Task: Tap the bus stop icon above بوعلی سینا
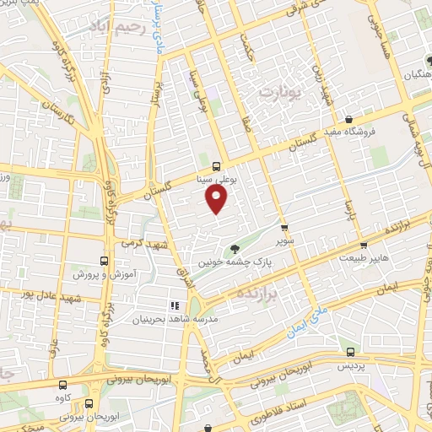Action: (217, 165)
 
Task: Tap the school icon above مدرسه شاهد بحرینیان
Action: (175, 305)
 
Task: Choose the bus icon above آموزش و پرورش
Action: (104, 262)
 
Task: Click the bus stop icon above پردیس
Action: (349, 353)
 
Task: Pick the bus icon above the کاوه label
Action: (88, 380)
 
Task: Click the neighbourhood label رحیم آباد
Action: (121, 27)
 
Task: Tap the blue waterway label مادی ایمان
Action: (306, 325)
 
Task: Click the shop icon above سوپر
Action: (284, 226)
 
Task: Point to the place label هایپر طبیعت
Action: (364, 259)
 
